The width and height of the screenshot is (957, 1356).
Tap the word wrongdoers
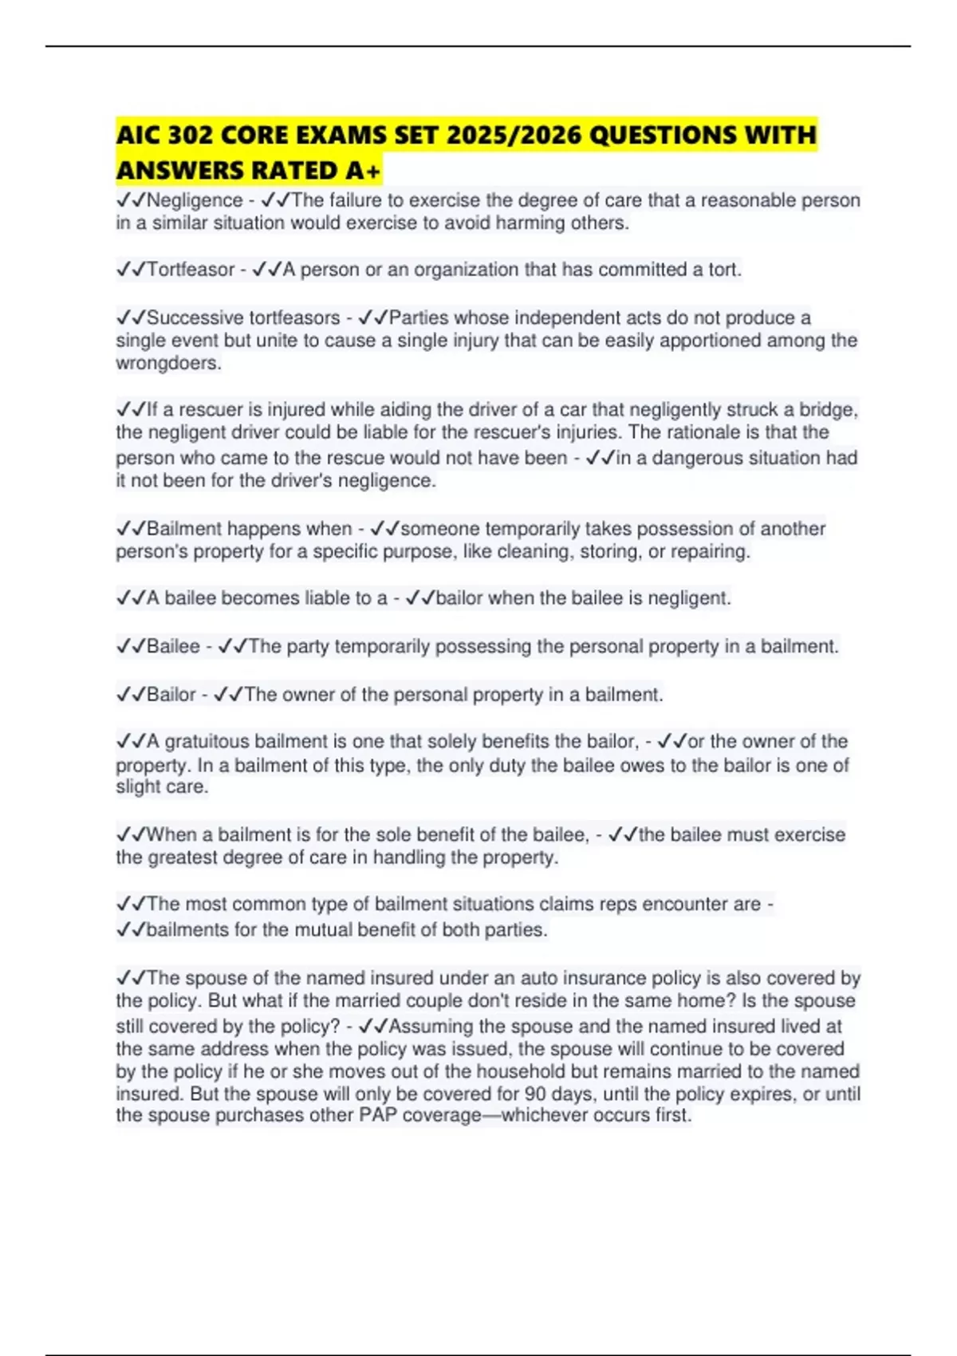pyautogui.click(x=167, y=363)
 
